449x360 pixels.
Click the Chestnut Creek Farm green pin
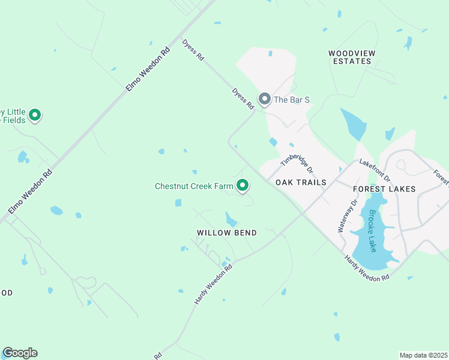(x=243, y=185)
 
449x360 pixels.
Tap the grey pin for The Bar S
(x=264, y=98)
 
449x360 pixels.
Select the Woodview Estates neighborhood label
(x=352, y=57)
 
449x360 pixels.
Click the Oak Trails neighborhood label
(x=301, y=182)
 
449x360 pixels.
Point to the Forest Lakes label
(x=384, y=189)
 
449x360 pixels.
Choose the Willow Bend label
(x=227, y=233)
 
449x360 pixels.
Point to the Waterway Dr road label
(x=348, y=215)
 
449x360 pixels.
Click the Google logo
(x=20, y=353)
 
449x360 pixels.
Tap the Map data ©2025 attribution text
(x=423, y=355)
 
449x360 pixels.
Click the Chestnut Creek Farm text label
(x=194, y=186)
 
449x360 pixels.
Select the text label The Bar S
(x=292, y=100)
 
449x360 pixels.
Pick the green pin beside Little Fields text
(x=35, y=114)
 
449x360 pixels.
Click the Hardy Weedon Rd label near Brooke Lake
(x=367, y=268)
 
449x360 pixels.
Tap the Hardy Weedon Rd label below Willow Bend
(x=213, y=283)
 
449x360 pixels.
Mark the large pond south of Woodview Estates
(x=354, y=124)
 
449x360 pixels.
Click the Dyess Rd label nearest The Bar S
(x=243, y=99)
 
